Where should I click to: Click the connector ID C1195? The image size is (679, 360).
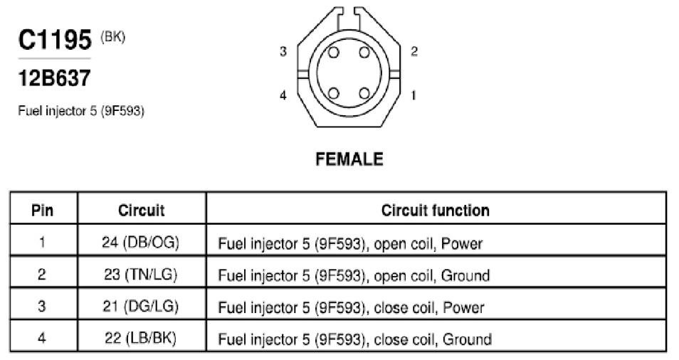coord(55,41)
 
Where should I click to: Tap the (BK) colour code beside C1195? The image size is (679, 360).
coord(112,37)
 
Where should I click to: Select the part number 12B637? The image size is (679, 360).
coord(55,78)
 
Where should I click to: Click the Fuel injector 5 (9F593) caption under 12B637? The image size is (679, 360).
coord(81,111)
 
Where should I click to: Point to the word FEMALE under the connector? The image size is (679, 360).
coord(349,159)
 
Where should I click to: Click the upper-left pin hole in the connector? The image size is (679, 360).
coord(333,53)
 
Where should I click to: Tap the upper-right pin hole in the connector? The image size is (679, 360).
coord(364,53)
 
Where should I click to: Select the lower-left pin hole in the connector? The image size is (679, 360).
coord(333,93)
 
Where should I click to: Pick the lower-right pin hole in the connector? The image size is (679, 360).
coord(364,93)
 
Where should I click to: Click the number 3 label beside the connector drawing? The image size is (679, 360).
coord(283,51)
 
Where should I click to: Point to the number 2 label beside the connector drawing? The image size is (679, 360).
coord(414,51)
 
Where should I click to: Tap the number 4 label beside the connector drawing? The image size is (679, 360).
coord(283,95)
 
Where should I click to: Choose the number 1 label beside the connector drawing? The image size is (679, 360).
coord(414,95)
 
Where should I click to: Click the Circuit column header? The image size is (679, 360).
coord(141,211)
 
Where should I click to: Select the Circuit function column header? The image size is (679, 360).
coord(435,211)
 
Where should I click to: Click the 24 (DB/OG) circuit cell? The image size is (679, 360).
coord(140,242)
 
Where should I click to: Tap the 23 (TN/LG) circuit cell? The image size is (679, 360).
coord(140,274)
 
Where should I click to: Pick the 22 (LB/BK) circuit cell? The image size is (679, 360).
coord(140,338)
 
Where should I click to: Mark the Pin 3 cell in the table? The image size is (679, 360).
coord(42,306)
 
